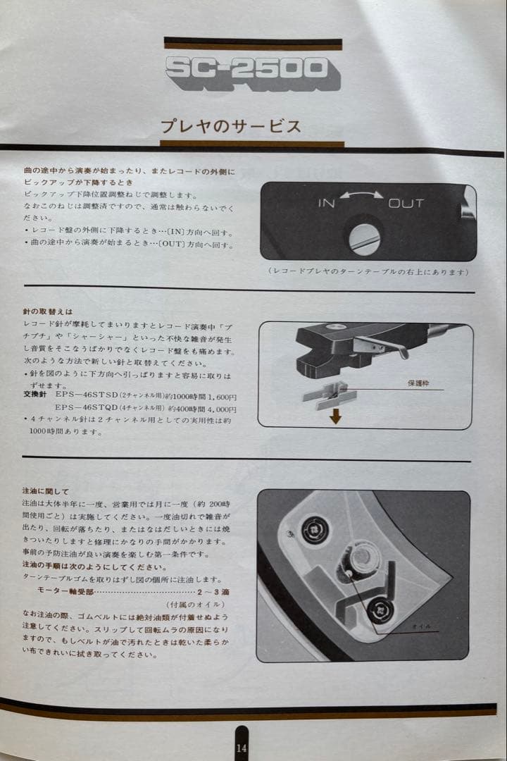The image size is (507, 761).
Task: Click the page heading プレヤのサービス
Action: [x=231, y=127]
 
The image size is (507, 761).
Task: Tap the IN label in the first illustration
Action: [x=326, y=204]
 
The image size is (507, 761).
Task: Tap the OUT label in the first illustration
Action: [x=406, y=204]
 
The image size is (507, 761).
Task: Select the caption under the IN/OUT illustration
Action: [x=368, y=271]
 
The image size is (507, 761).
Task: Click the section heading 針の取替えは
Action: [x=48, y=311]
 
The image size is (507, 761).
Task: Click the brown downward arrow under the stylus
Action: [x=335, y=416]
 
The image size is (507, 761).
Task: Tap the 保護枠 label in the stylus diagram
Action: [x=418, y=384]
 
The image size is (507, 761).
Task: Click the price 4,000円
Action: [x=219, y=409]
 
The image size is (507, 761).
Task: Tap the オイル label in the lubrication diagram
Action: [x=422, y=626]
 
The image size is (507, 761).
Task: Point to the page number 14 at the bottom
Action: [x=242, y=748]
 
